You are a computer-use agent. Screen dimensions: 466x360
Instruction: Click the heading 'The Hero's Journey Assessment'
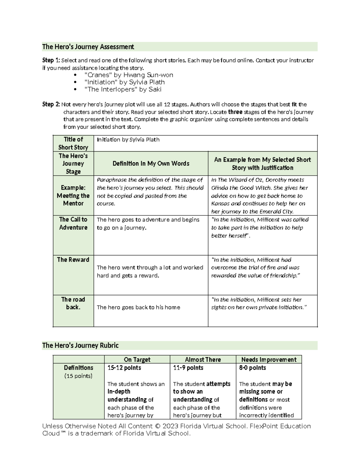[x=88, y=47]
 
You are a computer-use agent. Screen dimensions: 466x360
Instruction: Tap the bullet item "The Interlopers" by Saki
[x=123, y=89]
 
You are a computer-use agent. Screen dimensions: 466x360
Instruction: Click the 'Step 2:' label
[x=51, y=104]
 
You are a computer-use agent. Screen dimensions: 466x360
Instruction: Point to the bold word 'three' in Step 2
[x=235, y=112]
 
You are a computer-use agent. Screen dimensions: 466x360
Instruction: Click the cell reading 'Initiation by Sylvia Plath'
[x=128, y=140]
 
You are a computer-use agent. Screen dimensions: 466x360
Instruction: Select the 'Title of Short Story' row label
[x=73, y=143]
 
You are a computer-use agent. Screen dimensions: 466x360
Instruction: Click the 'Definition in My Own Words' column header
[x=151, y=164]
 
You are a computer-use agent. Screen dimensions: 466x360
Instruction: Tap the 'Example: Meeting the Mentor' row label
[x=73, y=195]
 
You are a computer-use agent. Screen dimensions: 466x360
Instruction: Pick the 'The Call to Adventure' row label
[x=73, y=223]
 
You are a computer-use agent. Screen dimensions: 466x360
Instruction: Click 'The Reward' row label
[x=73, y=260]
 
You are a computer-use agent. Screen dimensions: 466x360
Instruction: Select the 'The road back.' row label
[x=73, y=303]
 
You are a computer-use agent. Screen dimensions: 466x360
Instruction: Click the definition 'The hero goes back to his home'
[x=138, y=307]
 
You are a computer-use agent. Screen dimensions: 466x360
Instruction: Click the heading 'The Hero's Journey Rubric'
[x=80, y=345]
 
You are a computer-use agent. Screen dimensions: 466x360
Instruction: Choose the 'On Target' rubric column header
[x=137, y=359]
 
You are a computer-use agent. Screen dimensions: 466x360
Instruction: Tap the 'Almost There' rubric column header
[x=203, y=359]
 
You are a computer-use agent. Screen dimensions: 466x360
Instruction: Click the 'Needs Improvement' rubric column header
[x=268, y=359]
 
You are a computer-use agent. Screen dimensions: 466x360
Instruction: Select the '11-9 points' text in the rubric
[x=188, y=368]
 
